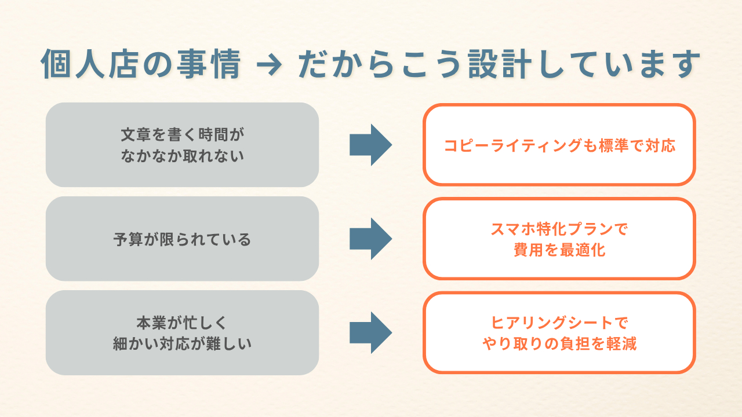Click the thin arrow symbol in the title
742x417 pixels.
click(x=270, y=64)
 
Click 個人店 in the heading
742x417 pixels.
click(x=89, y=64)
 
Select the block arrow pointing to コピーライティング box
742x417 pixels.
click(x=370, y=145)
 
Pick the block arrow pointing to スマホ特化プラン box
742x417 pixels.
click(x=370, y=239)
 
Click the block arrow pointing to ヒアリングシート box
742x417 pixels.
click(x=370, y=332)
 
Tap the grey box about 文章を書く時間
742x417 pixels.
click(x=182, y=145)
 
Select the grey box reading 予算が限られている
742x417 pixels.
click(x=182, y=239)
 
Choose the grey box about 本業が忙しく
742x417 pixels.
click(x=182, y=332)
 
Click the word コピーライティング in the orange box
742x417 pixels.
click(x=513, y=145)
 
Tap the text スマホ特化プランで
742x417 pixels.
click(x=559, y=229)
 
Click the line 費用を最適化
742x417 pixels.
click(x=559, y=250)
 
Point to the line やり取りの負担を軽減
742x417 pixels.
click(x=559, y=344)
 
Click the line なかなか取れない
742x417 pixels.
click(x=182, y=156)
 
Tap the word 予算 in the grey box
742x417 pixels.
click(x=128, y=239)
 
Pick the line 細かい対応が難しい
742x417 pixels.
click(x=182, y=344)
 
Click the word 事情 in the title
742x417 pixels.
click(x=209, y=64)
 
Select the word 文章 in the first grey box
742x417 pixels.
click(x=136, y=135)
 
